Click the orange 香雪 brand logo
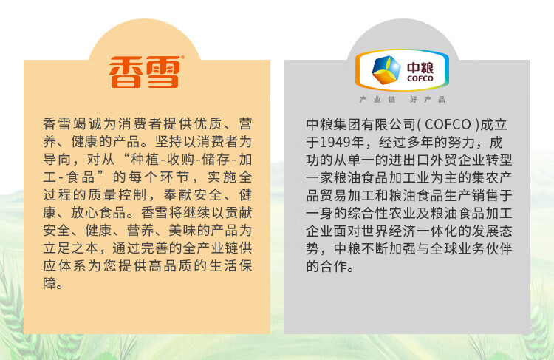click(145, 72)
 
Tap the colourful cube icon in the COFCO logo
click(386, 70)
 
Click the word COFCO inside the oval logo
click(420, 78)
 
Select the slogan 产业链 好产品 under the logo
click(402, 99)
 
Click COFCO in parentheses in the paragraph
click(448, 124)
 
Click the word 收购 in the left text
click(180, 160)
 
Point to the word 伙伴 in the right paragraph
click(499, 248)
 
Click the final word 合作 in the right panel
click(334, 266)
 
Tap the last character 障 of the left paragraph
click(49, 283)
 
